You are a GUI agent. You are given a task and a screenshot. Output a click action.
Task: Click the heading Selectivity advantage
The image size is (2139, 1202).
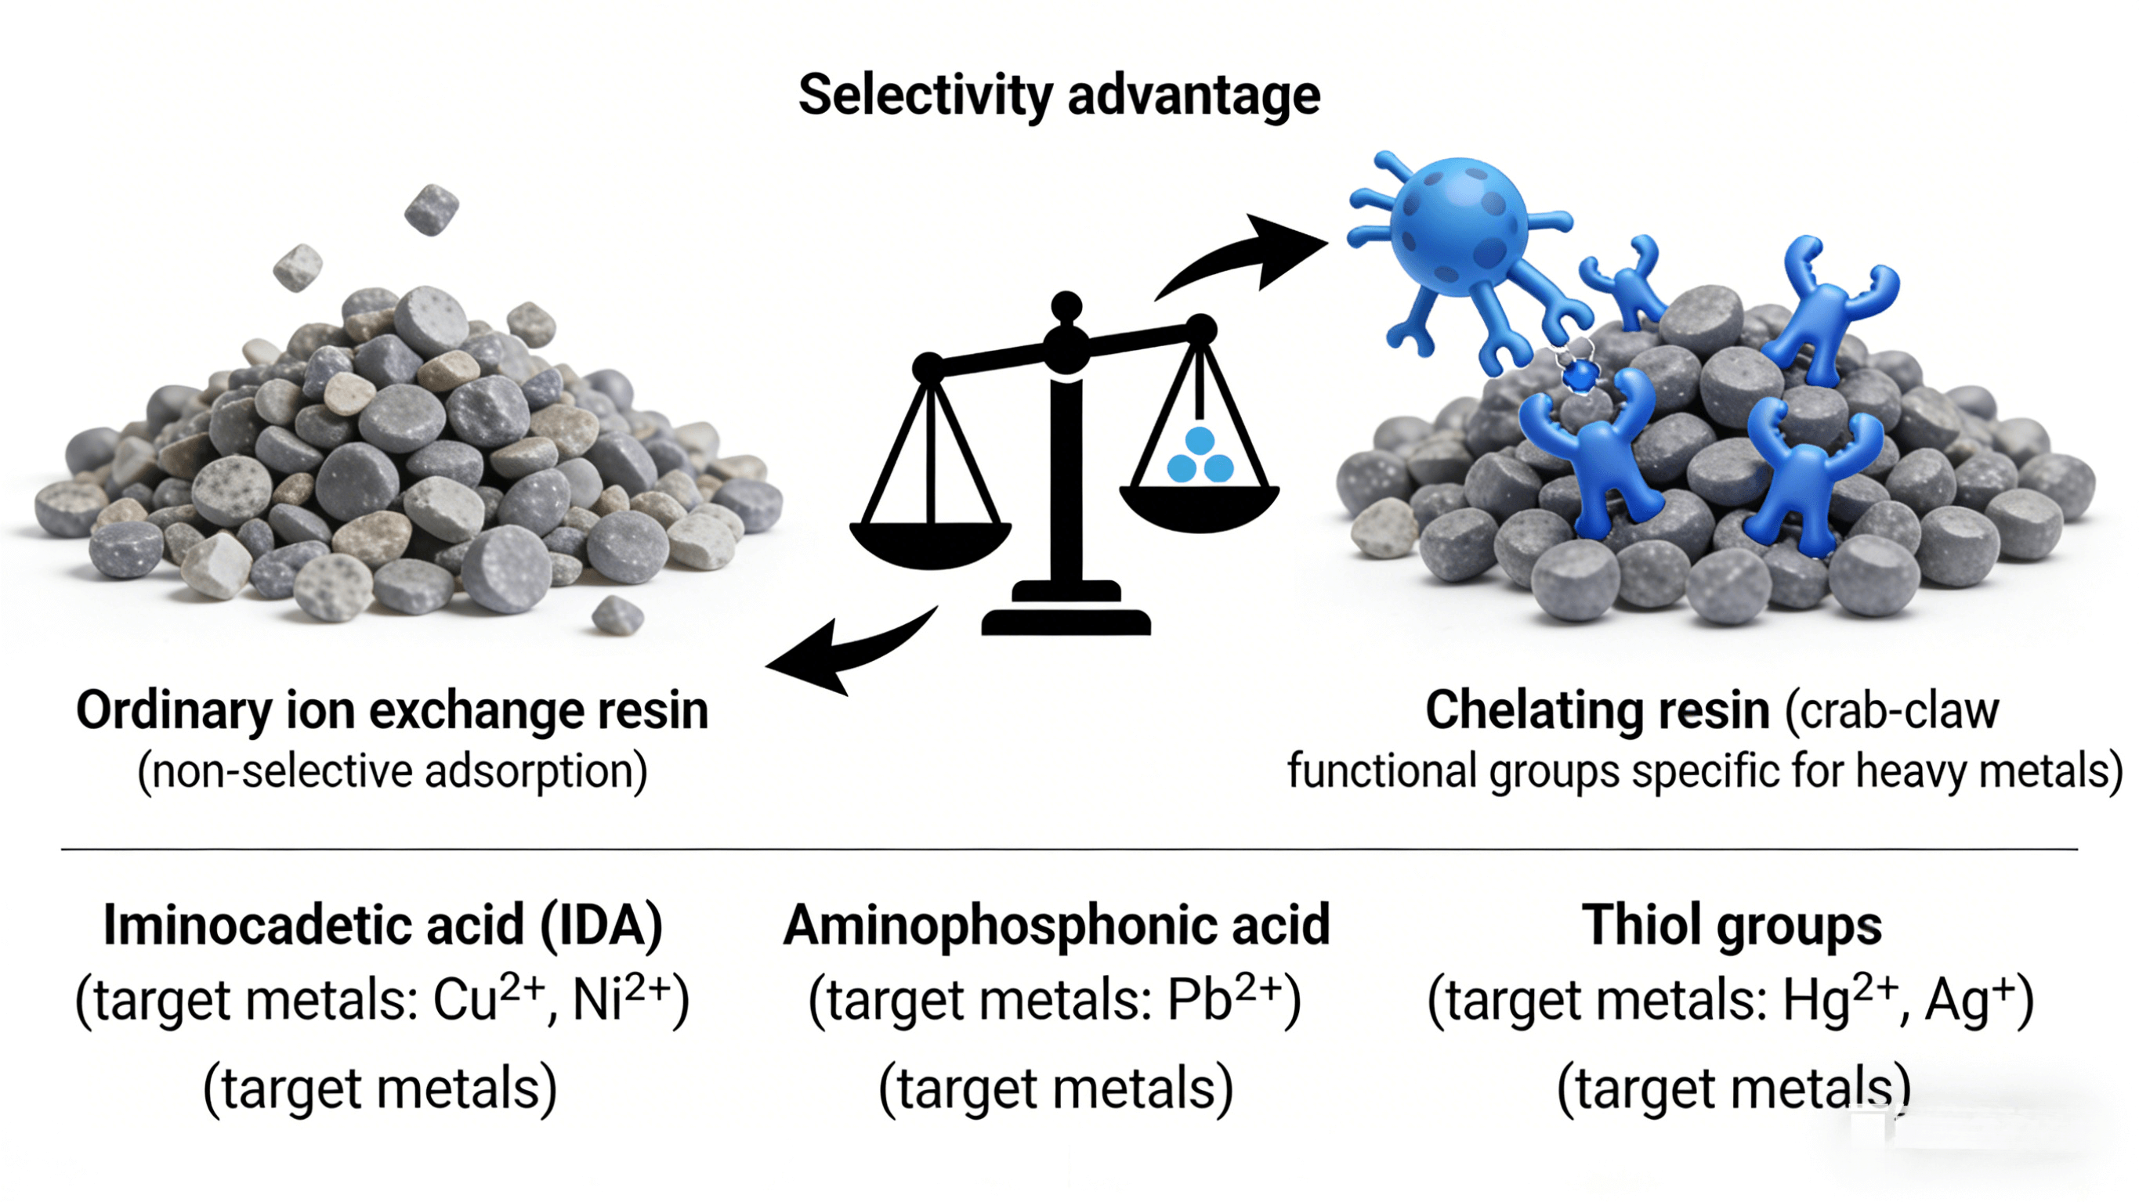(1059, 96)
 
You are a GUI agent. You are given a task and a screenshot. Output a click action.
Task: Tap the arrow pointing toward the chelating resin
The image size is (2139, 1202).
(1246, 258)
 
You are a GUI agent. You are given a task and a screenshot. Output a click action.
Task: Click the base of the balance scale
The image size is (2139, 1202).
(1066, 619)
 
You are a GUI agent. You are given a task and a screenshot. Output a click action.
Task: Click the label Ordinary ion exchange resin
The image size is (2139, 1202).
(392, 711)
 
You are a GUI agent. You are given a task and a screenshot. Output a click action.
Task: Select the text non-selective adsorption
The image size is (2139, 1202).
(392, 772)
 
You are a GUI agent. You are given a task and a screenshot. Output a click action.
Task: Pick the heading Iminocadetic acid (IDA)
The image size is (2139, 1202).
(383, 925)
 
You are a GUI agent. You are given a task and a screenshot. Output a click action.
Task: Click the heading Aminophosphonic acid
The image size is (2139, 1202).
(1056, 925)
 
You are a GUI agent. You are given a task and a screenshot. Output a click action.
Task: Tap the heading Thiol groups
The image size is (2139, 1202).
(1732, 925)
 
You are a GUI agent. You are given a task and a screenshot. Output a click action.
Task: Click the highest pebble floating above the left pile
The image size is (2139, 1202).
(431, 209)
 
